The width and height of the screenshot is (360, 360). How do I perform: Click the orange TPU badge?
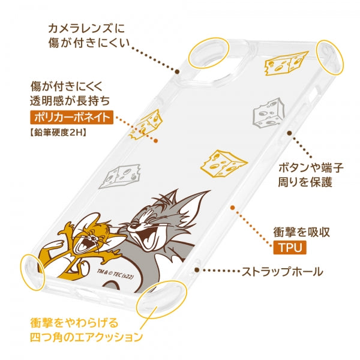tap(290, 247)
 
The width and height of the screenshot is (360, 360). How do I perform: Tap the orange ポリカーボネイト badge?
tap(72, 118)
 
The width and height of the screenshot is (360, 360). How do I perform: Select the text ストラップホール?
tap(283, 272)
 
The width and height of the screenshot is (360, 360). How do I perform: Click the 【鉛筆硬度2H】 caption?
tap(58, 132)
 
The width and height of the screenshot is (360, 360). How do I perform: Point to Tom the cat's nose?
tap(132, 226)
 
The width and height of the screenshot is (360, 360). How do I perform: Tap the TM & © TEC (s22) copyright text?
tap(115, 274)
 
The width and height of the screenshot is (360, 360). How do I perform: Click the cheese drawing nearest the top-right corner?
tap(286, 63)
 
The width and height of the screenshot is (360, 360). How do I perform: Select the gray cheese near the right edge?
tap(268, 113)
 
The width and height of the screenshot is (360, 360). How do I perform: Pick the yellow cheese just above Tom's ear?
tap(224, 163)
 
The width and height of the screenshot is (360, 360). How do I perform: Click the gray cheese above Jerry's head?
tap(120, 176)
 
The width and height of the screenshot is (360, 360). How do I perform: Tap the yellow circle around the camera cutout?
tap(209, 53)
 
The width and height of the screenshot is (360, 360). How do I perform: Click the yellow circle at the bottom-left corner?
tap(32, 272)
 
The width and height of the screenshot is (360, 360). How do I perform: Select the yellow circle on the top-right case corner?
tap(330, 57)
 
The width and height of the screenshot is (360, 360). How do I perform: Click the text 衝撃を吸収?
tap(302, 232)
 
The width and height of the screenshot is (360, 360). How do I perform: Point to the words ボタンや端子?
tap(311, 168)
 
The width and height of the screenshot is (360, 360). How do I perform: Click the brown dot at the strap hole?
tap(197, 270)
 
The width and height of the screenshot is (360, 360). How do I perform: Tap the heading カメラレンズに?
tap(86, 29)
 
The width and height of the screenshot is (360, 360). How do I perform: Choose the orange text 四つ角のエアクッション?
tap(86, 337)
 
